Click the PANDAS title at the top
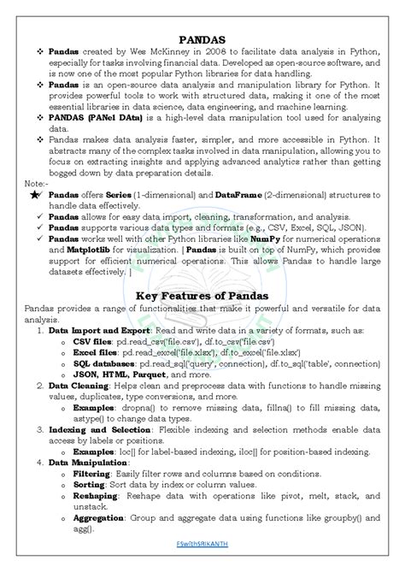pos(202,40)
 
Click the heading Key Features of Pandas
pos(202,296)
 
